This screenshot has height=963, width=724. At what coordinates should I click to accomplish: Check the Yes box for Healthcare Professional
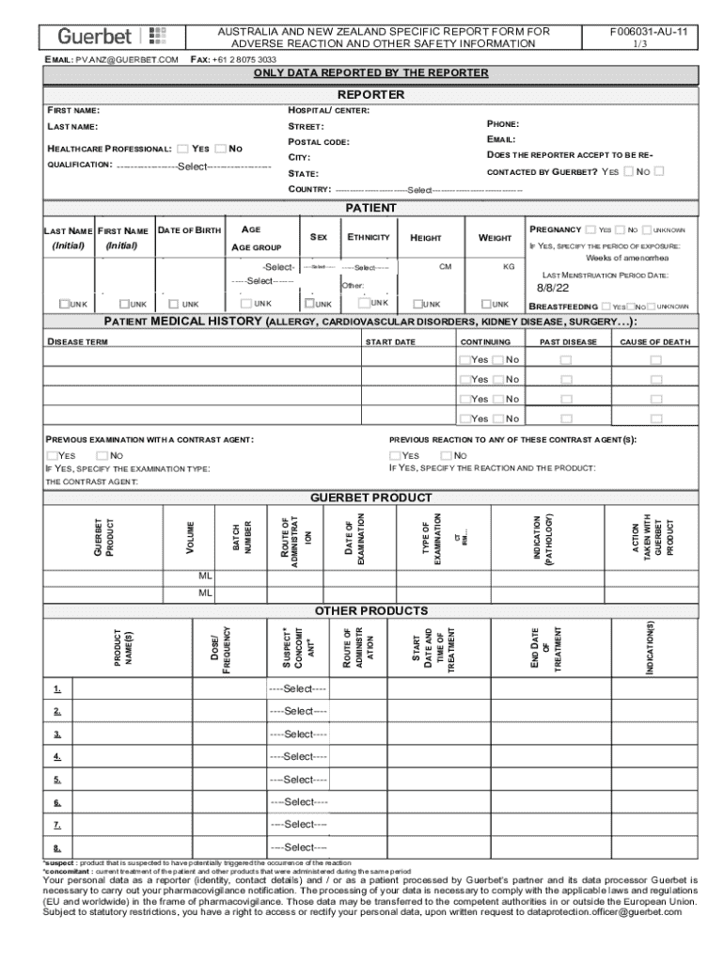click(183, 149)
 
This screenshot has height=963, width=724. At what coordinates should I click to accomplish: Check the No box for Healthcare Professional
click(220, 149)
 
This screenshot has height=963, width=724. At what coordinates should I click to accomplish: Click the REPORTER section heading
click(370, 95)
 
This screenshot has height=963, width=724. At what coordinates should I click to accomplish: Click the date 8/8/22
click(553, 288)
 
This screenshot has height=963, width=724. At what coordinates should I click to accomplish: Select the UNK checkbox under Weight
click(488, 304)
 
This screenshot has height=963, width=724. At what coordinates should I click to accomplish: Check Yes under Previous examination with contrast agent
click(53, 456)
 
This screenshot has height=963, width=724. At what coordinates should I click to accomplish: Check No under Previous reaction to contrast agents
click(446, 456)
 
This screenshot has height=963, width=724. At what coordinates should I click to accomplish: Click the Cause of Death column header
click(655, 341)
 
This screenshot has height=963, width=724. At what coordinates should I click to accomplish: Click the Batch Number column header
click(242, 537)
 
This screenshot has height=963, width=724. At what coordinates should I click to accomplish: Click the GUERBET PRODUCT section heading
click(370, 497)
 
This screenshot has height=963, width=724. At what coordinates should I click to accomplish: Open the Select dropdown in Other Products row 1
click(298, 689)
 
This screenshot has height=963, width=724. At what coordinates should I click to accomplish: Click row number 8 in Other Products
click(57, 847)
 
